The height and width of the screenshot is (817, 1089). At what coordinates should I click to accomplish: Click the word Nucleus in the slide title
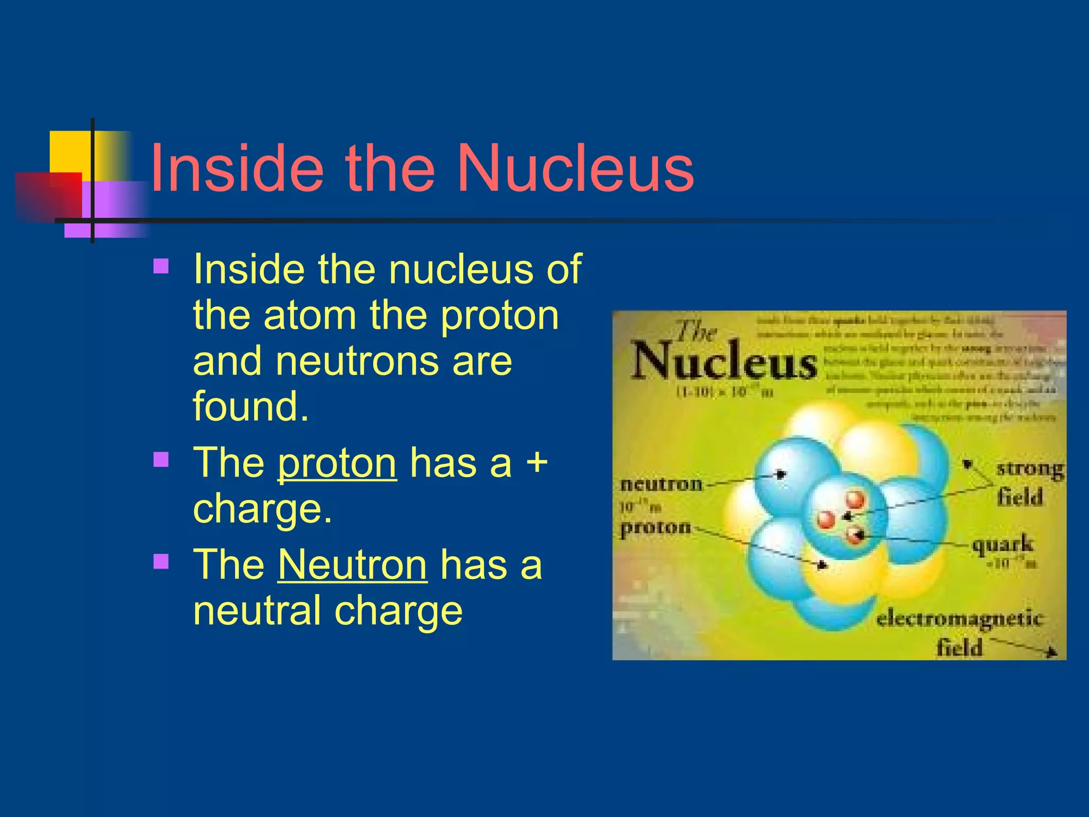point(575,169)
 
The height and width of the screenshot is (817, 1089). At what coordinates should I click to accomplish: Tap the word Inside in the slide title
point(237,169)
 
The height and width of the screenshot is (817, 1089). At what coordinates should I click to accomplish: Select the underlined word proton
point(337,463)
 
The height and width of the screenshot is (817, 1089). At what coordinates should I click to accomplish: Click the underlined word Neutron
point(353,565)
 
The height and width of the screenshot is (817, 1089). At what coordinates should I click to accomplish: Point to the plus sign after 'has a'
point(537,462)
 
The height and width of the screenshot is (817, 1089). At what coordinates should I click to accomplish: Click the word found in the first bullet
point(250,407)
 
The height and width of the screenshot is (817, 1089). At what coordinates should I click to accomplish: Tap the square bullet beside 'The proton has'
point(161,459)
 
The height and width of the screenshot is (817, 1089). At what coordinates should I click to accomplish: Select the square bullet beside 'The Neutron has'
point(161,561)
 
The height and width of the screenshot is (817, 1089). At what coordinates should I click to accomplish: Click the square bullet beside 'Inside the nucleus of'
point(161,265)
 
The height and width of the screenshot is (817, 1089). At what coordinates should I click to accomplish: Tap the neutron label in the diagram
point(661,484)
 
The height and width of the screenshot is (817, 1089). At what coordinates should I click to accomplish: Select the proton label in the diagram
point(656,527)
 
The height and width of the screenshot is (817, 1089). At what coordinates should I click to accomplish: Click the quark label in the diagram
point(1002,545)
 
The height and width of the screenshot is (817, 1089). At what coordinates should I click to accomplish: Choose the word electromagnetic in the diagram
point(959,619)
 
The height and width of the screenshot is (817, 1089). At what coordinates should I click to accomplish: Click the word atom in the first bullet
point(310,315)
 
